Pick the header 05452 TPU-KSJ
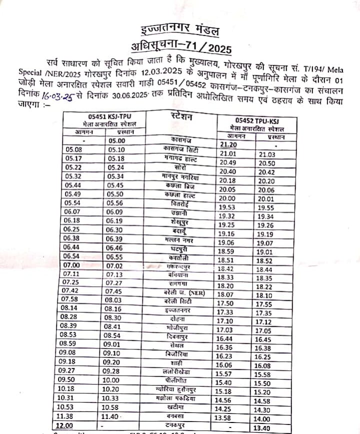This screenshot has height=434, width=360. (x=256, y=121)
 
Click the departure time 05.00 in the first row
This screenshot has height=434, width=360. (x=117, y=140)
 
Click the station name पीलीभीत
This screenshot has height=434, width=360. (x=180, y=381)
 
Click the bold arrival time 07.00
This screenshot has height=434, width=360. (x=72, y=265)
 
